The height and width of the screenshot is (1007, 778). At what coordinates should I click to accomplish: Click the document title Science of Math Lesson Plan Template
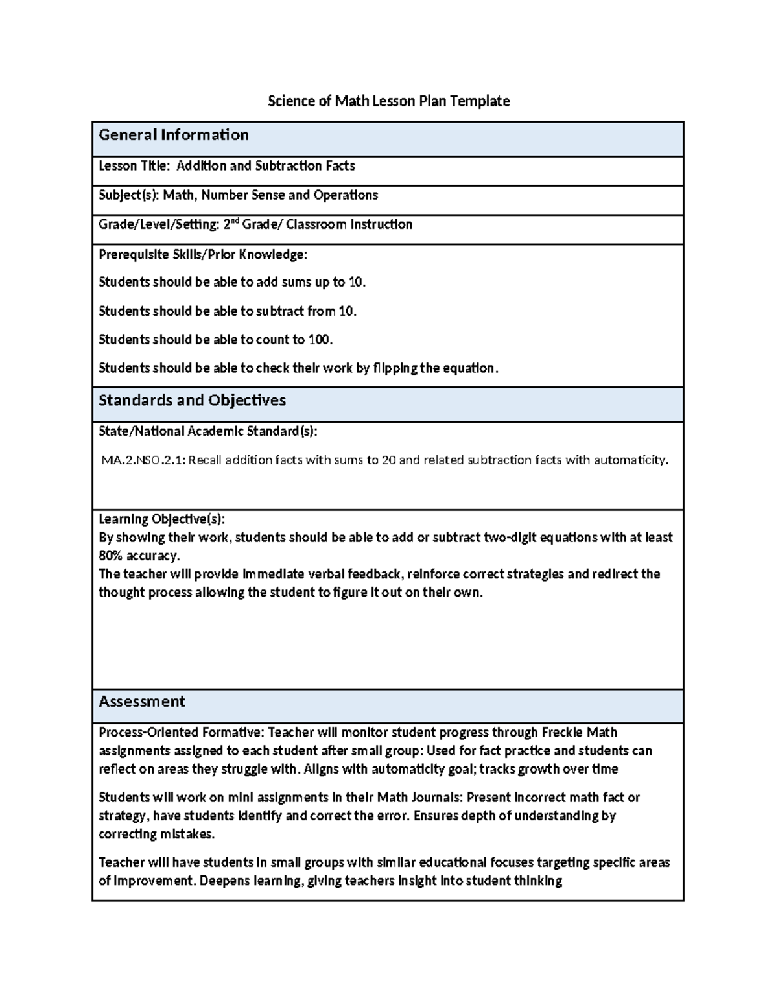pos(389,101)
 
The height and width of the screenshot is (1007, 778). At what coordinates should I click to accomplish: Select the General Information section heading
pos(173,135)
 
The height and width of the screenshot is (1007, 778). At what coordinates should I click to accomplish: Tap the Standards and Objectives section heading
pos(192,400)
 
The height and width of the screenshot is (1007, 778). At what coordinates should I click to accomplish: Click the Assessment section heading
pos(141,702)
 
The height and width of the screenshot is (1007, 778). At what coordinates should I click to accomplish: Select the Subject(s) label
pos(128,195)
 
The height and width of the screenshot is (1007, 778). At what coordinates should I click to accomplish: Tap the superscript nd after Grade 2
pos(235,222)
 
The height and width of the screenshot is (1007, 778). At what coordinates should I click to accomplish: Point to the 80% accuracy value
pos(138,556)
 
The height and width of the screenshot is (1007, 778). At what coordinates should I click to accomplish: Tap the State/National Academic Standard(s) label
pos(207,431)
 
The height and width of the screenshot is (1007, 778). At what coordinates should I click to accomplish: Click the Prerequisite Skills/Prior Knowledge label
pos(202,255)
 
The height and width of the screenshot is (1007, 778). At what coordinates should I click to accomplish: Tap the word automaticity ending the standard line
pos(630,460)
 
